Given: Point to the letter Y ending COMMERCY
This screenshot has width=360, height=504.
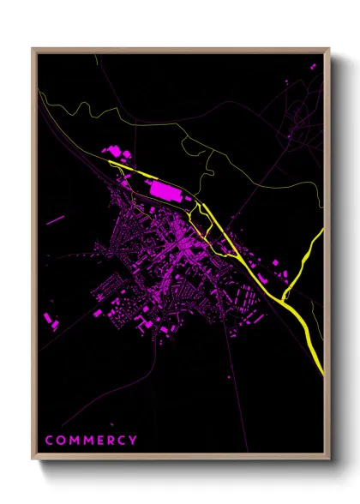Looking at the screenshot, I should pyautogui.click(x=134, y=441).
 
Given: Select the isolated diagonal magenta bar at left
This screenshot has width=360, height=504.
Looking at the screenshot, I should pyautogui.click(x=55, y=220).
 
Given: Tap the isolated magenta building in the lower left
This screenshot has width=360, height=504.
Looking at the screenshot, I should pyautogui.click(x=50, y=321).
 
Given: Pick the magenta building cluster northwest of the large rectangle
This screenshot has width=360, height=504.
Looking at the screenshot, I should pyautogui.click(x=116, y=153).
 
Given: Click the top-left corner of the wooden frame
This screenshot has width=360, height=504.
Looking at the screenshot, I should pyautogui.click(x=33, y=49).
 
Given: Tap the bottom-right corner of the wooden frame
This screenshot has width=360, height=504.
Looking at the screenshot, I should pyautogui.click(x=329, y=459).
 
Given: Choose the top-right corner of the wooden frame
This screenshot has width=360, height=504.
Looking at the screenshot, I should pyautogui.click(x=329, y=49).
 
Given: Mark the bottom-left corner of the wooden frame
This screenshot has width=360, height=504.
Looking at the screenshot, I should pyautogui.click(x=33, y=459).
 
